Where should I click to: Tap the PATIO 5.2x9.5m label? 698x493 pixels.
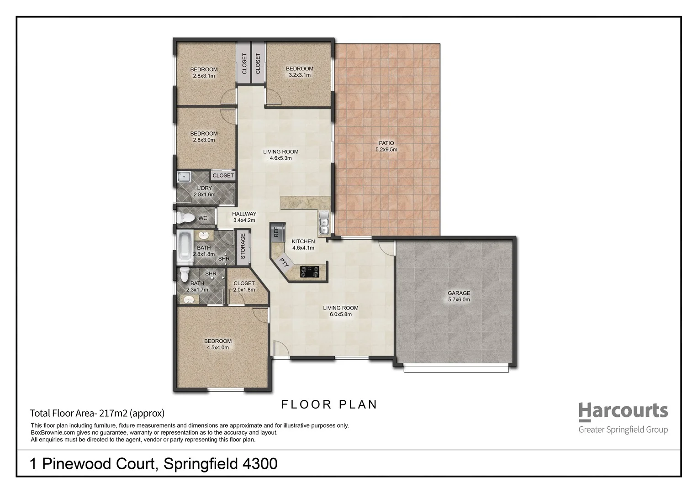(386, 146)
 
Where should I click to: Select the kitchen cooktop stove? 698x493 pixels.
(310, 272)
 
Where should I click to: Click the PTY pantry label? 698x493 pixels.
(284, 263)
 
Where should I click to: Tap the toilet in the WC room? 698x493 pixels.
(185, 218)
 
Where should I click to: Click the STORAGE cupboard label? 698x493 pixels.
(243, 246)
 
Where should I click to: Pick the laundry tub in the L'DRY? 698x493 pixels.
(185, 177)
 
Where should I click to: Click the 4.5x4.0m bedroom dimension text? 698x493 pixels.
(217, 347)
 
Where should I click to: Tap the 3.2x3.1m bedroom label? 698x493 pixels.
(300, 75)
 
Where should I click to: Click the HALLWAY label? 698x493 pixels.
(244, 217)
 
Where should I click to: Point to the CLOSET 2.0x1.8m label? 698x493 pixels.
(244, 286)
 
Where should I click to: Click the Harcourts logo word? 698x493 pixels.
(623, 411)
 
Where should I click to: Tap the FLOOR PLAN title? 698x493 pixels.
(329, 404)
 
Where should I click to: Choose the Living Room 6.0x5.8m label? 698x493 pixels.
(341, 311)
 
